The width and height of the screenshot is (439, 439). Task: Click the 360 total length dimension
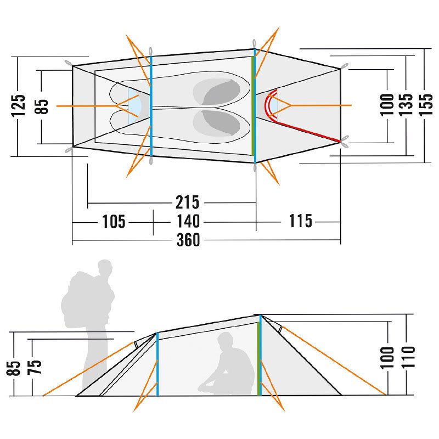coord(188,240)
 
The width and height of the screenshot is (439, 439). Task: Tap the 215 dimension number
coord(187,202)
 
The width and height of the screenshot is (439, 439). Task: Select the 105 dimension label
coord(114,222)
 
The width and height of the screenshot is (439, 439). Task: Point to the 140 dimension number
coord(188,221)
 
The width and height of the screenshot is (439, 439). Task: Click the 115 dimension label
coord(300,221)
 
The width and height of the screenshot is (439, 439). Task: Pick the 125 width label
coord(19,105)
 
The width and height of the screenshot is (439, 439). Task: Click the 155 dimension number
coord(426,104)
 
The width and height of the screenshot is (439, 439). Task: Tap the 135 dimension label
coord(406,104)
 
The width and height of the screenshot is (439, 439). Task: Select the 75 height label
coord(35,367)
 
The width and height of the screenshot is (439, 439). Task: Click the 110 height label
coord(408,357)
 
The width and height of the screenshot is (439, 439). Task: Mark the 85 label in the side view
coord(13,368)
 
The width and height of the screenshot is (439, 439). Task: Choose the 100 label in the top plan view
coord(387,105)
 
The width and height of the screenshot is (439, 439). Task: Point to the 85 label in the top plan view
coord(41,106)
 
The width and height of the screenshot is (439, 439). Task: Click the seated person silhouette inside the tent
coord(227,364)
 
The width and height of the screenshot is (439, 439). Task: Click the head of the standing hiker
coord(105,267)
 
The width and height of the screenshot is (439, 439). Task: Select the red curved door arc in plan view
coord(269,105)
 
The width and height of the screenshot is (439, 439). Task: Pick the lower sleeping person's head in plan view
coord(221,123)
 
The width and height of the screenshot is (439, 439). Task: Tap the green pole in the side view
coord(258,358)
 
